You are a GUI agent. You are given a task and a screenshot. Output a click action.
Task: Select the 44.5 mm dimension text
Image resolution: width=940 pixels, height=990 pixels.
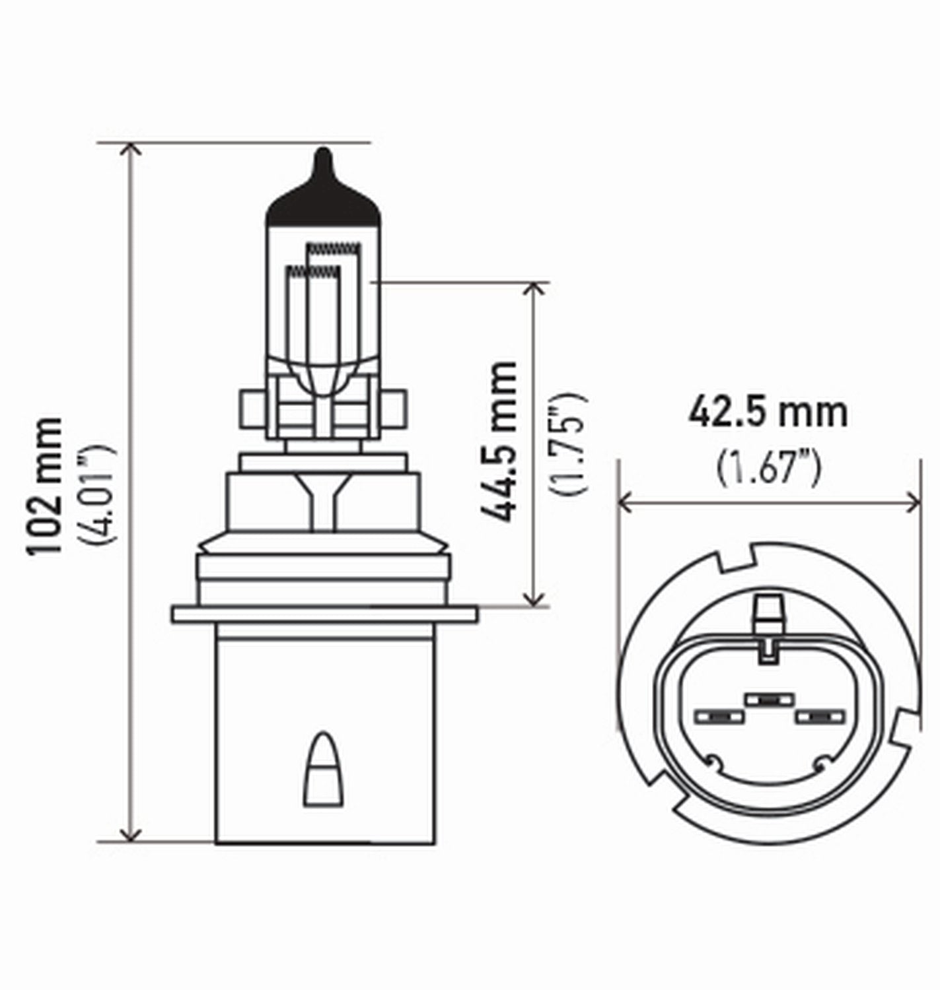click(x=500, y=441)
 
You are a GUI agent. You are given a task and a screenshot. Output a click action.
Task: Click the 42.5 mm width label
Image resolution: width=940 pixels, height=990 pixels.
click(x=768, y=412)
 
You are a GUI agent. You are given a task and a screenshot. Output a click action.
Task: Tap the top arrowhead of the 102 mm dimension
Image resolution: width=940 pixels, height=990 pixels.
click(x=133, y=148)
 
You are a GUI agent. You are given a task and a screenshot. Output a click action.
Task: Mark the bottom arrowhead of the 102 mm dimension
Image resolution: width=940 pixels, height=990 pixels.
click(x=133, y=835)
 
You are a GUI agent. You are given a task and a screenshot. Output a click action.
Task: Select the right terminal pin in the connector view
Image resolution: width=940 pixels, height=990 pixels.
click(x=820, y=715)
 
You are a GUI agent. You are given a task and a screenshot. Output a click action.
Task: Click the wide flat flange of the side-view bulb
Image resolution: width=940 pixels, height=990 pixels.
click(x=324, y=614)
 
